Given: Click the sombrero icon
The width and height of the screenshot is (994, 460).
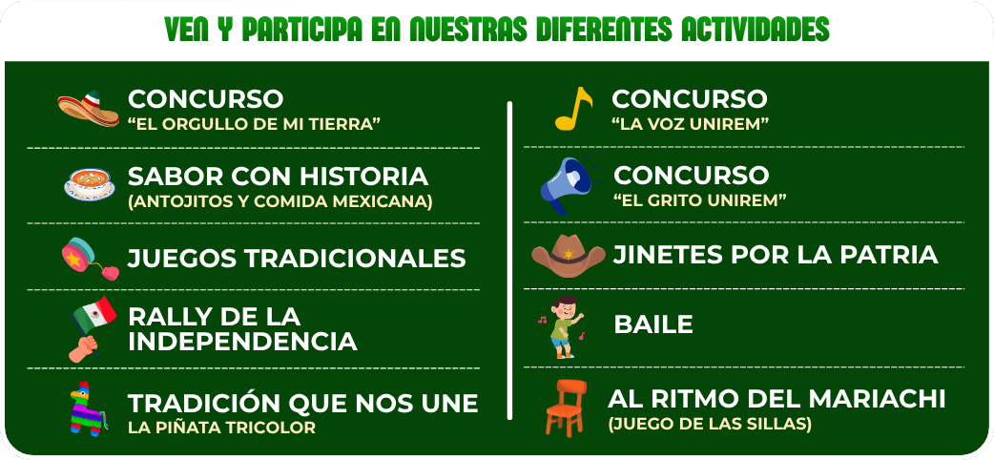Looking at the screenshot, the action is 88,109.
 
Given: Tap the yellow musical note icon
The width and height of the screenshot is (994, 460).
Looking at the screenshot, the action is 573,109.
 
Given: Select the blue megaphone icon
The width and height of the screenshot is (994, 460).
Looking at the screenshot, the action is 566,184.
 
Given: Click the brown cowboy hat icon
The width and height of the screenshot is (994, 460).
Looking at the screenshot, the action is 568,256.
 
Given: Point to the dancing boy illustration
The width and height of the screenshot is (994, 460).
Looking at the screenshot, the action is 561,326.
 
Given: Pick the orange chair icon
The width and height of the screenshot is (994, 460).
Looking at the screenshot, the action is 566,408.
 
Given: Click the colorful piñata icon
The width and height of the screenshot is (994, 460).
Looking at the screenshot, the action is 87,409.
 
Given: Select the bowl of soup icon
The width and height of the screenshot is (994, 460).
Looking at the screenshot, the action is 90,184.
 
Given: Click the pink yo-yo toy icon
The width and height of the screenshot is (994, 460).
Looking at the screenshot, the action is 90,259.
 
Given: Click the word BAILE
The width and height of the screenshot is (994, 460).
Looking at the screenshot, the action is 652,324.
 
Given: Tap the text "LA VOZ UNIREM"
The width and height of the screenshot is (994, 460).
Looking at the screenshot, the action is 690,124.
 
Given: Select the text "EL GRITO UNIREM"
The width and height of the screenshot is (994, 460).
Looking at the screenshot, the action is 700,200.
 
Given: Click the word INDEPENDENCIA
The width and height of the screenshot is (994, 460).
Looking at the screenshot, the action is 243,341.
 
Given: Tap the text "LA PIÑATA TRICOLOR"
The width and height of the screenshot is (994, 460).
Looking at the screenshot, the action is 222,428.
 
